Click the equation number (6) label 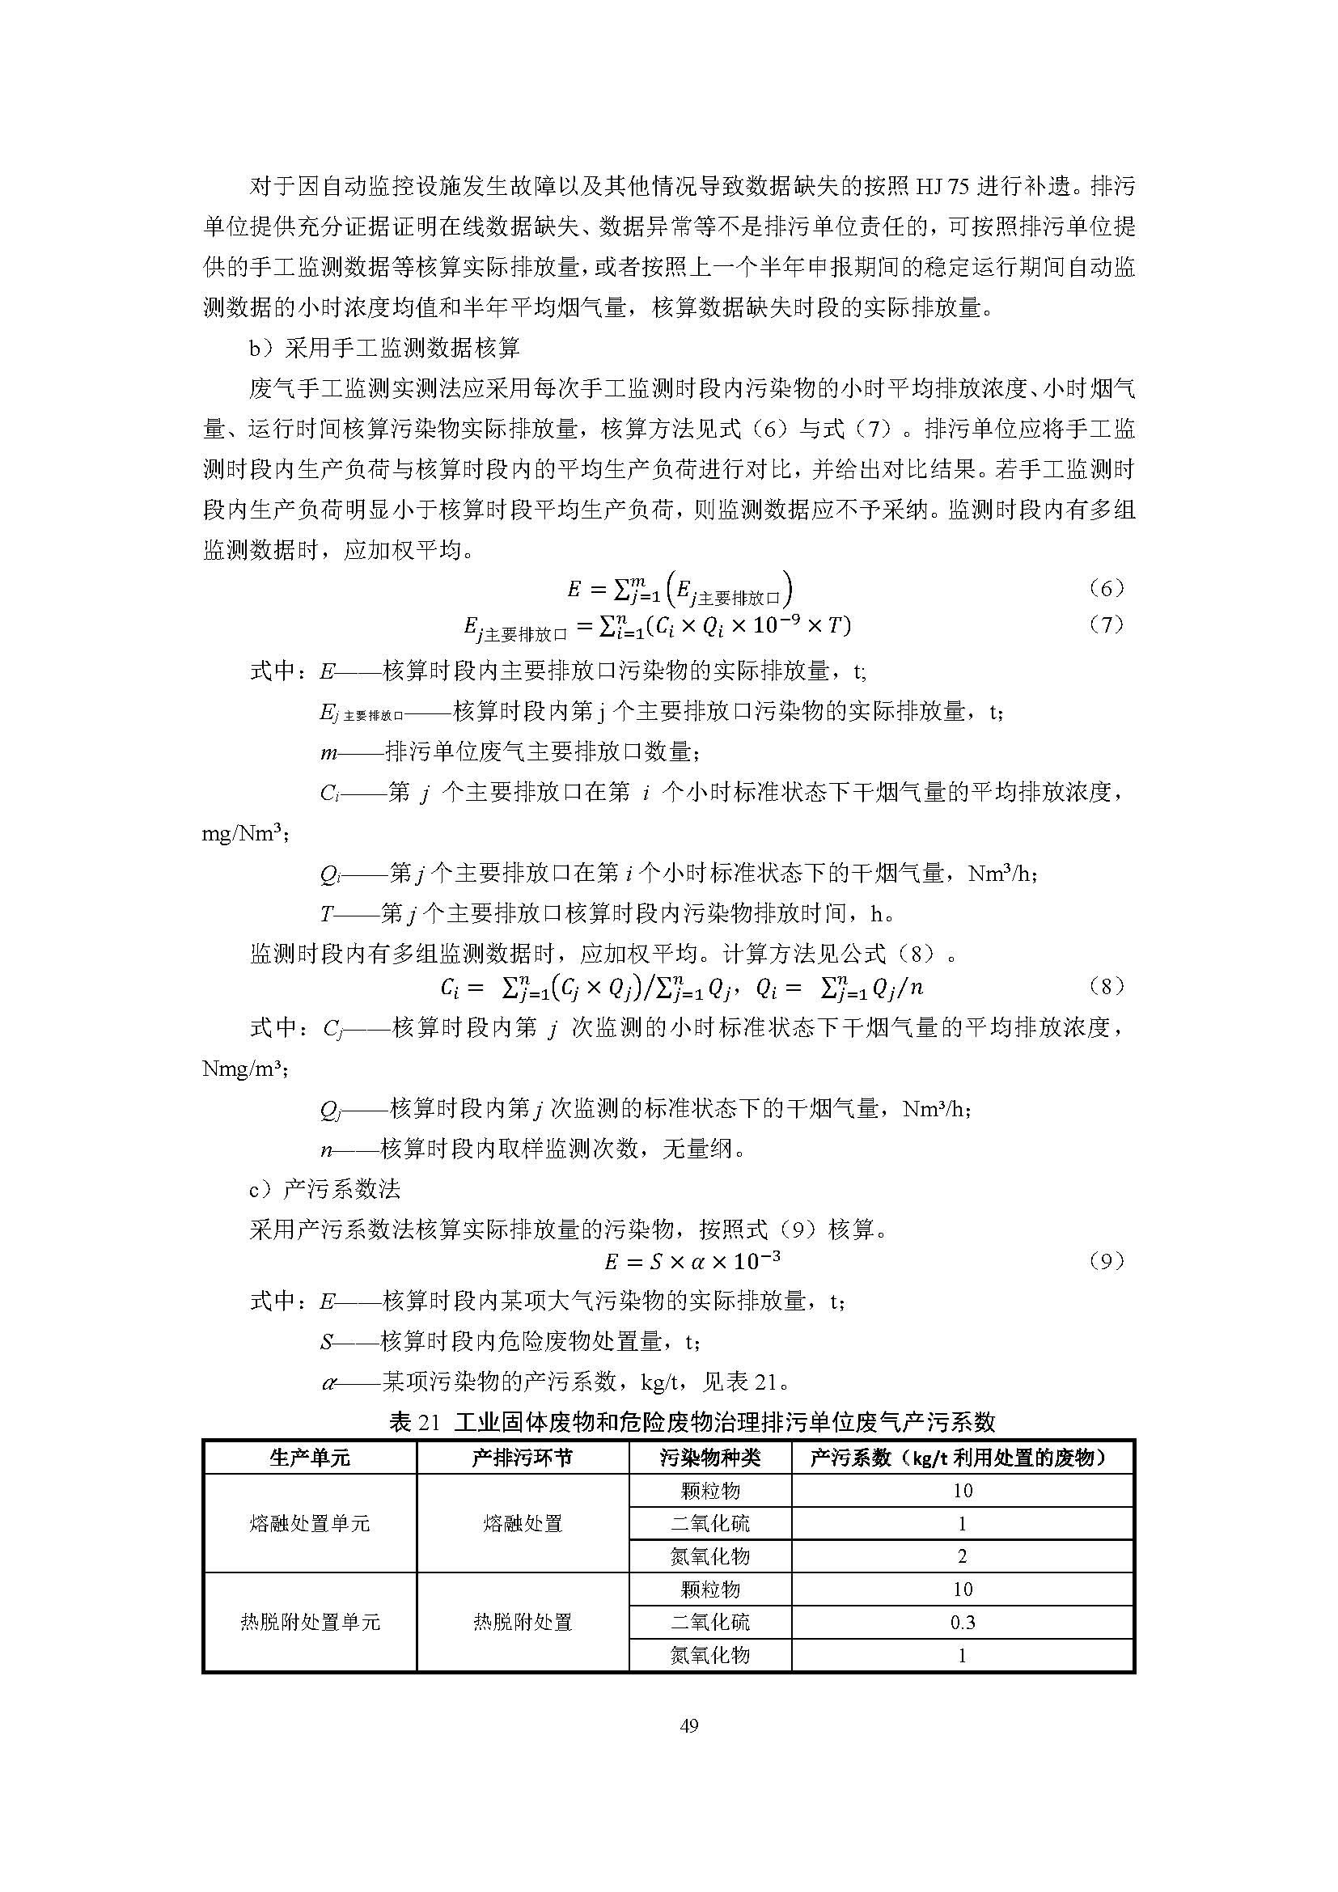tap(1106, 588)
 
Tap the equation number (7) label tap(1106, 624)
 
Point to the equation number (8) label tap(1106, 986)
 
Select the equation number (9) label tap(1106, 1261)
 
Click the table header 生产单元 tap(310, 1458)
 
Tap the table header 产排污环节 tap(523, 1458)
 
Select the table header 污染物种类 tap(709, 1458)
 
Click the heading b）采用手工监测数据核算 tap(385, 348)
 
